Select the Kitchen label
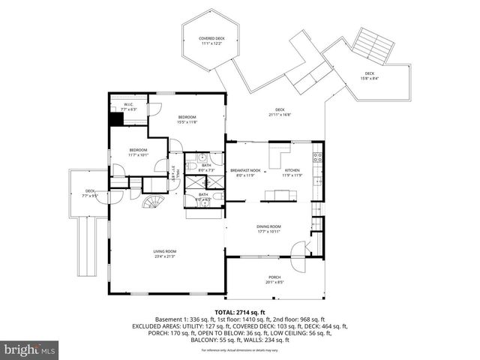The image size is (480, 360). pyautogui.click(x=292, y=170)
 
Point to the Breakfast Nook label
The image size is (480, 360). pyautogui.click(x=245, y=170)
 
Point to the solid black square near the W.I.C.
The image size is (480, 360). pyautogui.click(x=116, y=118)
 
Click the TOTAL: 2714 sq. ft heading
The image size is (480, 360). pyautogui.click(x=240, y=312)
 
